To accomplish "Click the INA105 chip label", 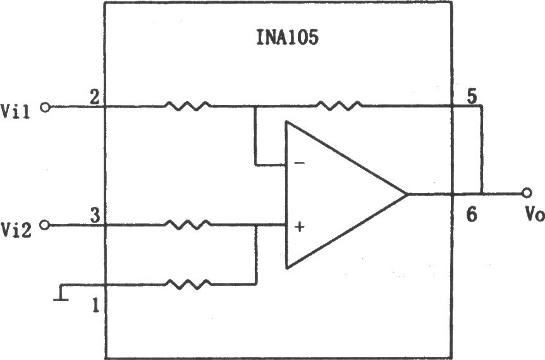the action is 287,38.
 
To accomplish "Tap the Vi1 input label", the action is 16,111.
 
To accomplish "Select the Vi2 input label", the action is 16,230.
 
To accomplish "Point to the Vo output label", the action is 534,214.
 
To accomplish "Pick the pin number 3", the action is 95,216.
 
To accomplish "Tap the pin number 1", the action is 95,306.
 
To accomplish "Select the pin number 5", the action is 472,97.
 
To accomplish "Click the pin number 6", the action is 472,214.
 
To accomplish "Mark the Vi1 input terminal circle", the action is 45,108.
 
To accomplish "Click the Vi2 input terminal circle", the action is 45,225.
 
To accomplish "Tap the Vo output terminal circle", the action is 527,192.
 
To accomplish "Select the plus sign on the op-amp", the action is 299,227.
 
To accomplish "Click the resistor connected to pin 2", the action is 188,106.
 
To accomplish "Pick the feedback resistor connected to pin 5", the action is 339,106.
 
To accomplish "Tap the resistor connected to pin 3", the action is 188,225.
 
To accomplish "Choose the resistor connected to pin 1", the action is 188,284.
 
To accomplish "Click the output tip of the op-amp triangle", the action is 407,194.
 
